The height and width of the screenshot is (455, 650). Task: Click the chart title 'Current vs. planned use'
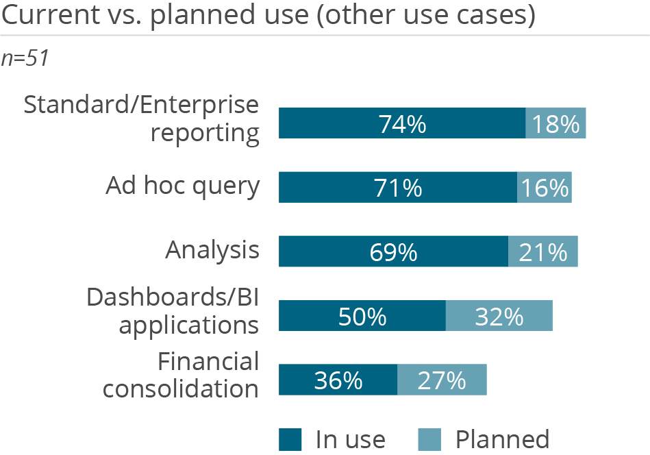pyautogui.click(x=268, y=15)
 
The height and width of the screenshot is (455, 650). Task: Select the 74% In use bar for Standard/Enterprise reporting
pyautogui.click(x=401, y=123)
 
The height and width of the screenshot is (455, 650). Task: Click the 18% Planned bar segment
pyautogui.click(x=555, y=123)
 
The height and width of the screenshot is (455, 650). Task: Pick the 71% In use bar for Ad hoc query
pyautogui.click(x=397, y=187)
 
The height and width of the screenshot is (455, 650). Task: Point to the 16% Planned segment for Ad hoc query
pyautogui.click(x=544, y=187)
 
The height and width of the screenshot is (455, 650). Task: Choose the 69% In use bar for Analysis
pyautogui.click(x=393, y=251)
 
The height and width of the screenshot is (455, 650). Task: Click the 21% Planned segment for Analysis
pyautogui.click(x=542, y=251)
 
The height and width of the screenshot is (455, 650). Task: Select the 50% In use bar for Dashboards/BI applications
pyautogui.click(x=362, y=316)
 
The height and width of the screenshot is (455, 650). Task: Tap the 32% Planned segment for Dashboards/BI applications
pyautogui.click(x=499, y=316)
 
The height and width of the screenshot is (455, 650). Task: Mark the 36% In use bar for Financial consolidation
pyautogui.click(x=338, y=380)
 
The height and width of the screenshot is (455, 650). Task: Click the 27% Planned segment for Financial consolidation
pyautogui.click(x=442, y=380)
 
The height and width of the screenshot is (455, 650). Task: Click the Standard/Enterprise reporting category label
pyautogui.click(x=142, y=119)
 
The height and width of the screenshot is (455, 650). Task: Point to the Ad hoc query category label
pyautogui.click(x=182, y=186)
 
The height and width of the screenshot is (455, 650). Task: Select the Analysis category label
pyautogui.click(x=212, y=250)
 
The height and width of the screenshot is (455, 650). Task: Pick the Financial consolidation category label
pyautogui.click(x=181, y=375)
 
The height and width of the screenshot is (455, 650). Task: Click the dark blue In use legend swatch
pyautogui.click(x=290, y=439)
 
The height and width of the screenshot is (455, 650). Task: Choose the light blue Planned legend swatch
pyautogui.click(x=429, y=439)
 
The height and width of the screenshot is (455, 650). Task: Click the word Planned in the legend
pyautogui.click(x=502, y=439)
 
